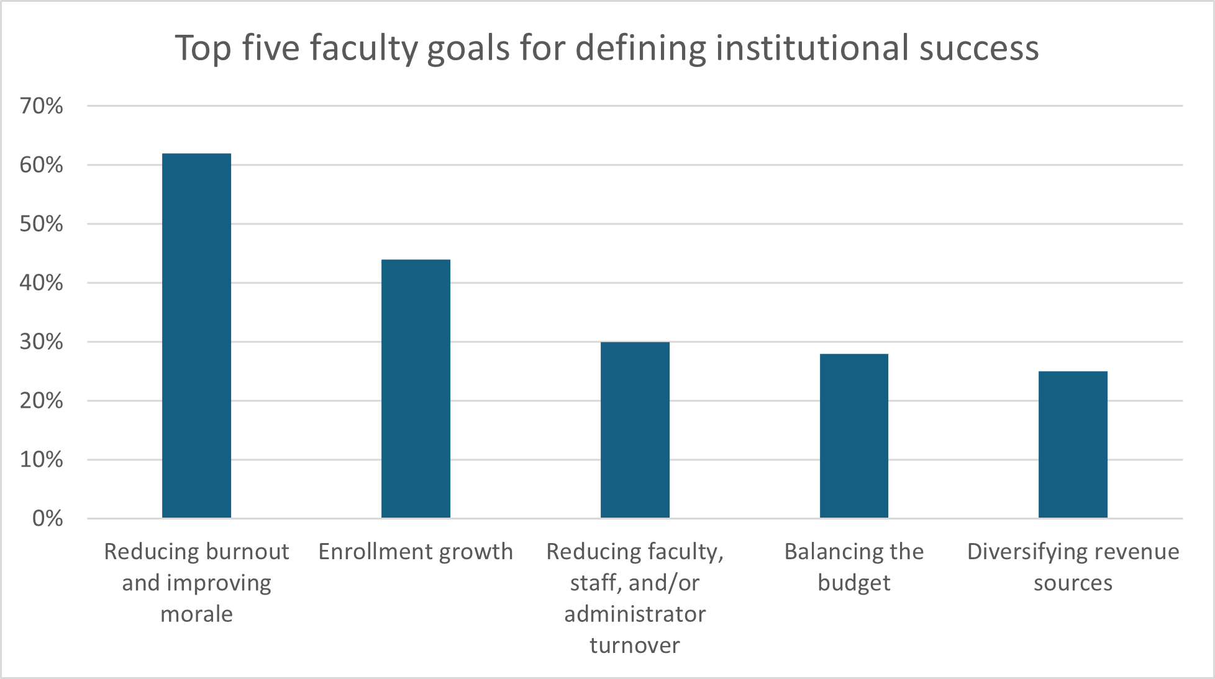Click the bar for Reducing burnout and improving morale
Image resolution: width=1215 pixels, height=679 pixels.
[196, 335]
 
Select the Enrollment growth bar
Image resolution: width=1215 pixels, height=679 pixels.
[416, 389]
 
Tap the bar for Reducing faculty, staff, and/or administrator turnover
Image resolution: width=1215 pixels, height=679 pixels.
[635, 429]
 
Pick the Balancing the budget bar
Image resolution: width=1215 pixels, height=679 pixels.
[854, 436]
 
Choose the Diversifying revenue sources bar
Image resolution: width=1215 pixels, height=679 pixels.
[1073, 444]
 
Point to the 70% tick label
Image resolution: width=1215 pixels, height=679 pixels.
[42, 106]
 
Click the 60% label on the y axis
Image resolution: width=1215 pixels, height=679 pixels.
[42, 165]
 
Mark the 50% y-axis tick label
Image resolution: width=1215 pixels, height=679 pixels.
[42, 224]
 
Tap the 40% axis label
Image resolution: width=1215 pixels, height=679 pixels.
[42, 283]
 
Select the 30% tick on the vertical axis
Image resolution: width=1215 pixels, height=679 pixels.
[42, 342]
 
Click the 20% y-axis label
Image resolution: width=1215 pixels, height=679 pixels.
[42, 401]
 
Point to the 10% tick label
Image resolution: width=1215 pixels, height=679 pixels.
[42, 460]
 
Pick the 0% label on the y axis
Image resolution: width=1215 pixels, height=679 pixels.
[47, 519]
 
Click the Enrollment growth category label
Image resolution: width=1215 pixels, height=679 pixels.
[416, 552]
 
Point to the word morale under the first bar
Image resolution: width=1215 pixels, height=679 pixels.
[196, 614]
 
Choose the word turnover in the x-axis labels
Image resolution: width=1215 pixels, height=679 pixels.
[635, 645]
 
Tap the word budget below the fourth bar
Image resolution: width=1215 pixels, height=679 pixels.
[854, 583]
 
